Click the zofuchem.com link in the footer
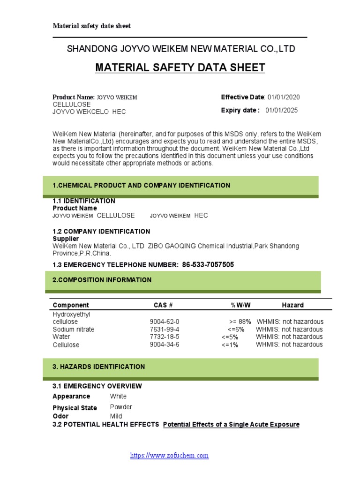coord(169,455)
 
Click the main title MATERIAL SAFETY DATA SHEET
coord(180,67)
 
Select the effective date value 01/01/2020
coord(284,97)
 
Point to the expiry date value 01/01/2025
coord(281,110)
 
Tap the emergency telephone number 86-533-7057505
coord(208,265)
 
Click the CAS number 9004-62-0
coord(164,322)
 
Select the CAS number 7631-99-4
coord(164,330)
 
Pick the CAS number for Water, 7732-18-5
coord(164,337)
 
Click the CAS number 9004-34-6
coord(164,345)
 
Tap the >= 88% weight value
coord(240,322)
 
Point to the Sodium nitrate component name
coord(73,330)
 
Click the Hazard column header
coord(292,305)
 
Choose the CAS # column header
coord(163,305)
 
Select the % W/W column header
coord(240,305)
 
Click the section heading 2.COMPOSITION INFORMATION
coord(102,280)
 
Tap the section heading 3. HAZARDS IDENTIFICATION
coord(98,367)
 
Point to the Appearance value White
coord(118,396)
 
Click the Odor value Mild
coord(116,416)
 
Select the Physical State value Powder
coord(121,407)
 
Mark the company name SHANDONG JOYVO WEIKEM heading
coord(181,49)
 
